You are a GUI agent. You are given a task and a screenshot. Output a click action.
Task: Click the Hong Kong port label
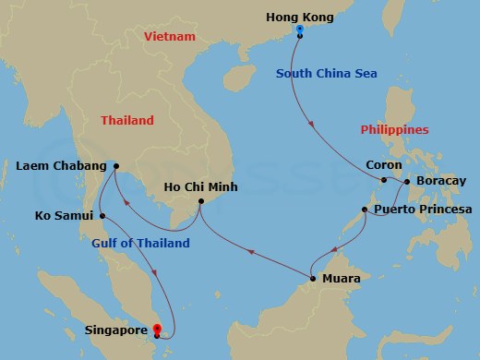pyautogui.click(x=299, y=17)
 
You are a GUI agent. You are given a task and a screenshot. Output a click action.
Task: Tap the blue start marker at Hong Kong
pyautogui.click(x=300, y=30)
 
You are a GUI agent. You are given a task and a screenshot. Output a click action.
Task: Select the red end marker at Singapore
pyautogui.click(x=156, y=329)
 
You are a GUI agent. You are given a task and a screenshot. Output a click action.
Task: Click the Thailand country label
pyautogui.click(x=127, y=120)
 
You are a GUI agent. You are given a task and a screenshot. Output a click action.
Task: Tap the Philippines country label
pyautogui.click(x=395, y=130)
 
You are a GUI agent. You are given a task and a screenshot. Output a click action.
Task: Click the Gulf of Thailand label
pyautogui.click(x=140, y=243)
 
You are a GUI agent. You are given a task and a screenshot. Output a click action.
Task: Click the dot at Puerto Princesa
pyautogui.click(x=366, y=210)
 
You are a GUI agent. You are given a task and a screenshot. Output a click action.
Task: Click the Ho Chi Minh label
pyautogui.click(x=200, y=186)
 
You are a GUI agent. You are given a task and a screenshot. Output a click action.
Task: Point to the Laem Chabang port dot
pyautogui.click(x=116, y=167)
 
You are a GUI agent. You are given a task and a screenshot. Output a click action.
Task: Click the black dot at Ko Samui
pyautogui.click(x=102, y=216)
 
